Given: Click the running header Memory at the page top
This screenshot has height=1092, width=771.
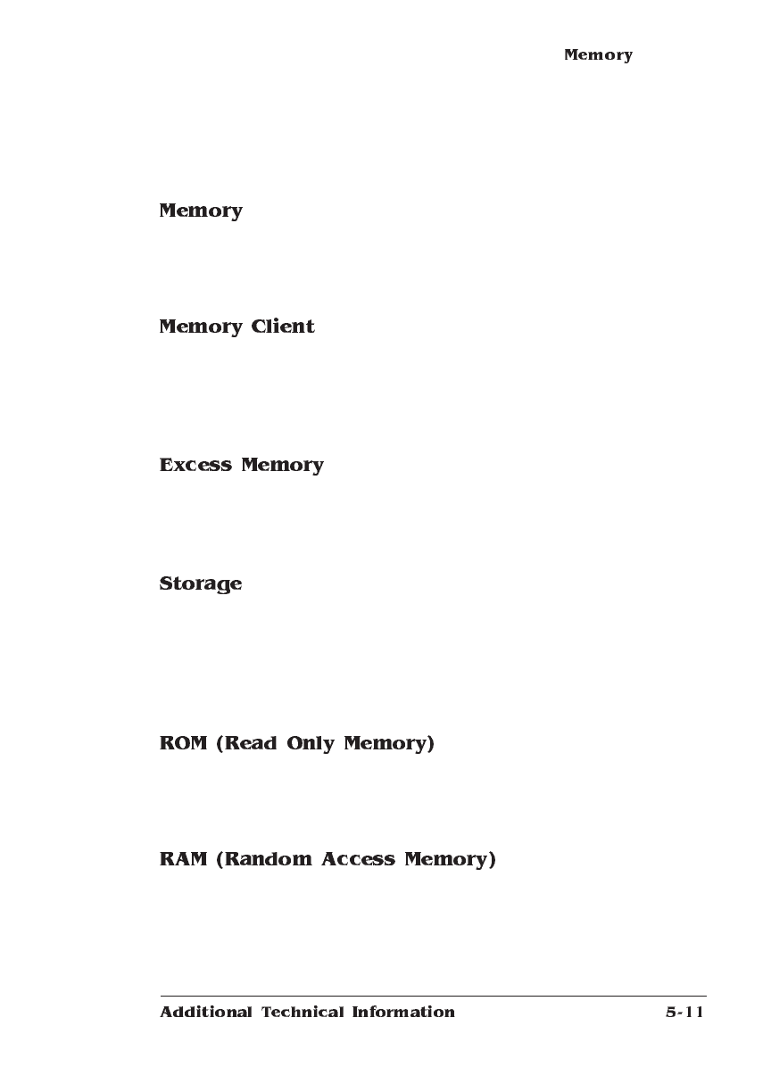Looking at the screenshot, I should click(x=598, y=55).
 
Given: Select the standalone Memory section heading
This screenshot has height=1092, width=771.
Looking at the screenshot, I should click(x=201, y=211).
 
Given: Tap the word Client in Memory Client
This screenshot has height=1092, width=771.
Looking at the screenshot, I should click(x=283, y=327).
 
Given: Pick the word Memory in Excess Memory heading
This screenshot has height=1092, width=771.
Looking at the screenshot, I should click(x=282, y=466).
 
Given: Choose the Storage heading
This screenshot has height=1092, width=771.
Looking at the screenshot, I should click(x=201, y=584).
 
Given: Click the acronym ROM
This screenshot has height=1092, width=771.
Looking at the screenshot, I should click(x=183, y=743).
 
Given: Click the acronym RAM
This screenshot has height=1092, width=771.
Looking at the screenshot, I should click(x=183, y=859).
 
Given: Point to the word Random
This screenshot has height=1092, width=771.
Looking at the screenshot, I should click(x=266, y=859).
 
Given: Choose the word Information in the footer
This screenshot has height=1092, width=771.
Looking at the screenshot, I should click(x=403, y=1012).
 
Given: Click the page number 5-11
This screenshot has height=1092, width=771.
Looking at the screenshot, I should click(x=684, y=1012).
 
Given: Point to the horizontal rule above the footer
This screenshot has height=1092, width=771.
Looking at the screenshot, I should click(x=434, y=996).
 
